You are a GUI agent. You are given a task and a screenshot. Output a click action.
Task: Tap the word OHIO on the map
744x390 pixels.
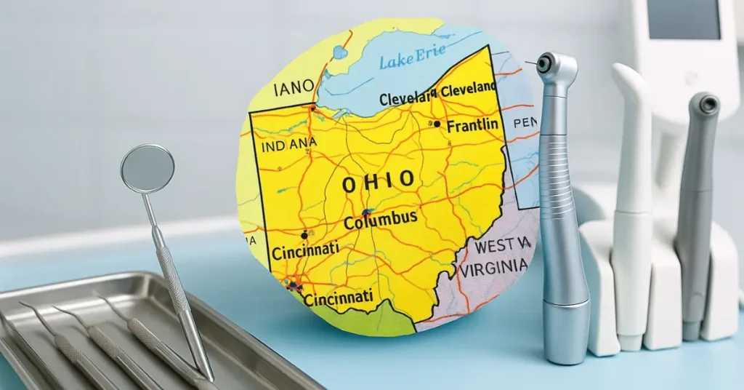point(379,181)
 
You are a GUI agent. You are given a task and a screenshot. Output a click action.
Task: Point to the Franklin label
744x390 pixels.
point(472,126)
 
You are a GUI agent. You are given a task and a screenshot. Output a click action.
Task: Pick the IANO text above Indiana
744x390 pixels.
point(294,89)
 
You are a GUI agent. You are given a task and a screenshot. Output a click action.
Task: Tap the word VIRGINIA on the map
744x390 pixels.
point(493,268)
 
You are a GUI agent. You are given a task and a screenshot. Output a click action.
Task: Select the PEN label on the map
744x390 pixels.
point(525,123)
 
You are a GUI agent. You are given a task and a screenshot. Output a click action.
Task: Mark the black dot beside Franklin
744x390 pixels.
point(437,124)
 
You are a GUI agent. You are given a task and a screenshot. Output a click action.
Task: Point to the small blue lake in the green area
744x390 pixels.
point(339,52)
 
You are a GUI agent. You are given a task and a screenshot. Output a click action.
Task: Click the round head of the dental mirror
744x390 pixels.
point(147,169)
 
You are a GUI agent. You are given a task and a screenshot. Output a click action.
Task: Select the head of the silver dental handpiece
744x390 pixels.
point(557,68)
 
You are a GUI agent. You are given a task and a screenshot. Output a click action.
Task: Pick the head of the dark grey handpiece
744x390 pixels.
point(703,106)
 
